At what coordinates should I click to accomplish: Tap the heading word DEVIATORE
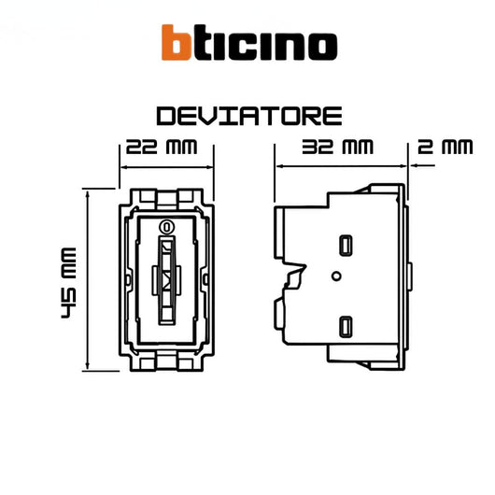(x=248, y=117)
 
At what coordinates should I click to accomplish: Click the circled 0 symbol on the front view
(x=166, y=226)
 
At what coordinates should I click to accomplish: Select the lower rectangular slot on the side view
(x=346, y=326)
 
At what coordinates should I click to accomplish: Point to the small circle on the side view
(x=335, y=276)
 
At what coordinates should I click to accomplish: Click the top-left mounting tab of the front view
(x=146, y=197)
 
